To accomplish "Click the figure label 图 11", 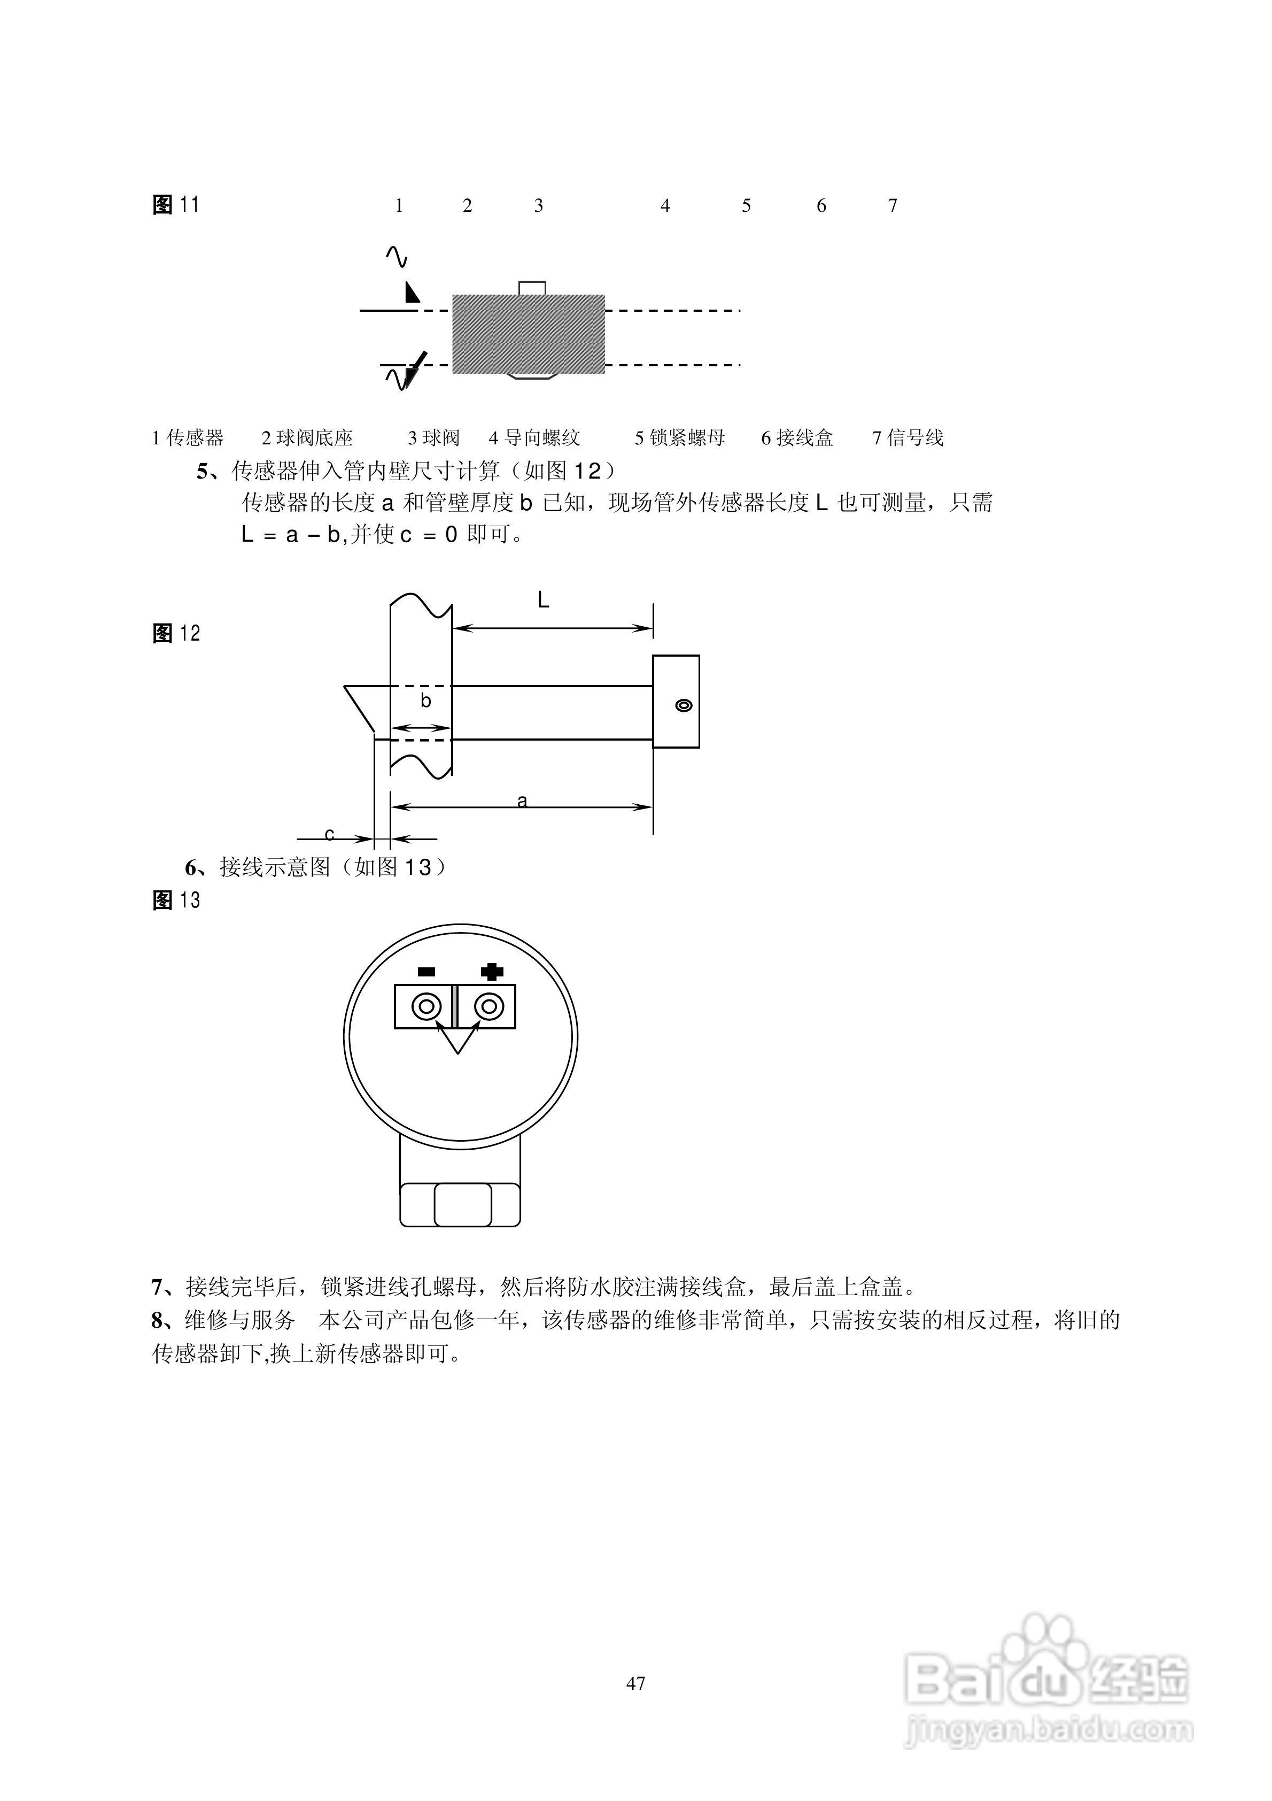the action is [176, 205].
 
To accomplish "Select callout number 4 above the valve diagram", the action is [665, 206].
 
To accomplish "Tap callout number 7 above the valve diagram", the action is [893, 206].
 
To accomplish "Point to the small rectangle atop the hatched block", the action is [532, 287].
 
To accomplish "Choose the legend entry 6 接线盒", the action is [797, 438].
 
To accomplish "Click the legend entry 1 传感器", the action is [188, 438].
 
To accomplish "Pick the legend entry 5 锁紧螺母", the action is [680, 438].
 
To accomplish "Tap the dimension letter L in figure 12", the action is [542, 601].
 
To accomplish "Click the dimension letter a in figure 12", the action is [522, 801].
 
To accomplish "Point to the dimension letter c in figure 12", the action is [329, 834].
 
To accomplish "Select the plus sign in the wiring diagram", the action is [492, 972].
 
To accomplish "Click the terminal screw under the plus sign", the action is [488, 1006].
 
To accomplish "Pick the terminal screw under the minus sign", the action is [426, 1006].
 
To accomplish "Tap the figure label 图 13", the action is [176, 900].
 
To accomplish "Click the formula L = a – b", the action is [292, 535].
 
